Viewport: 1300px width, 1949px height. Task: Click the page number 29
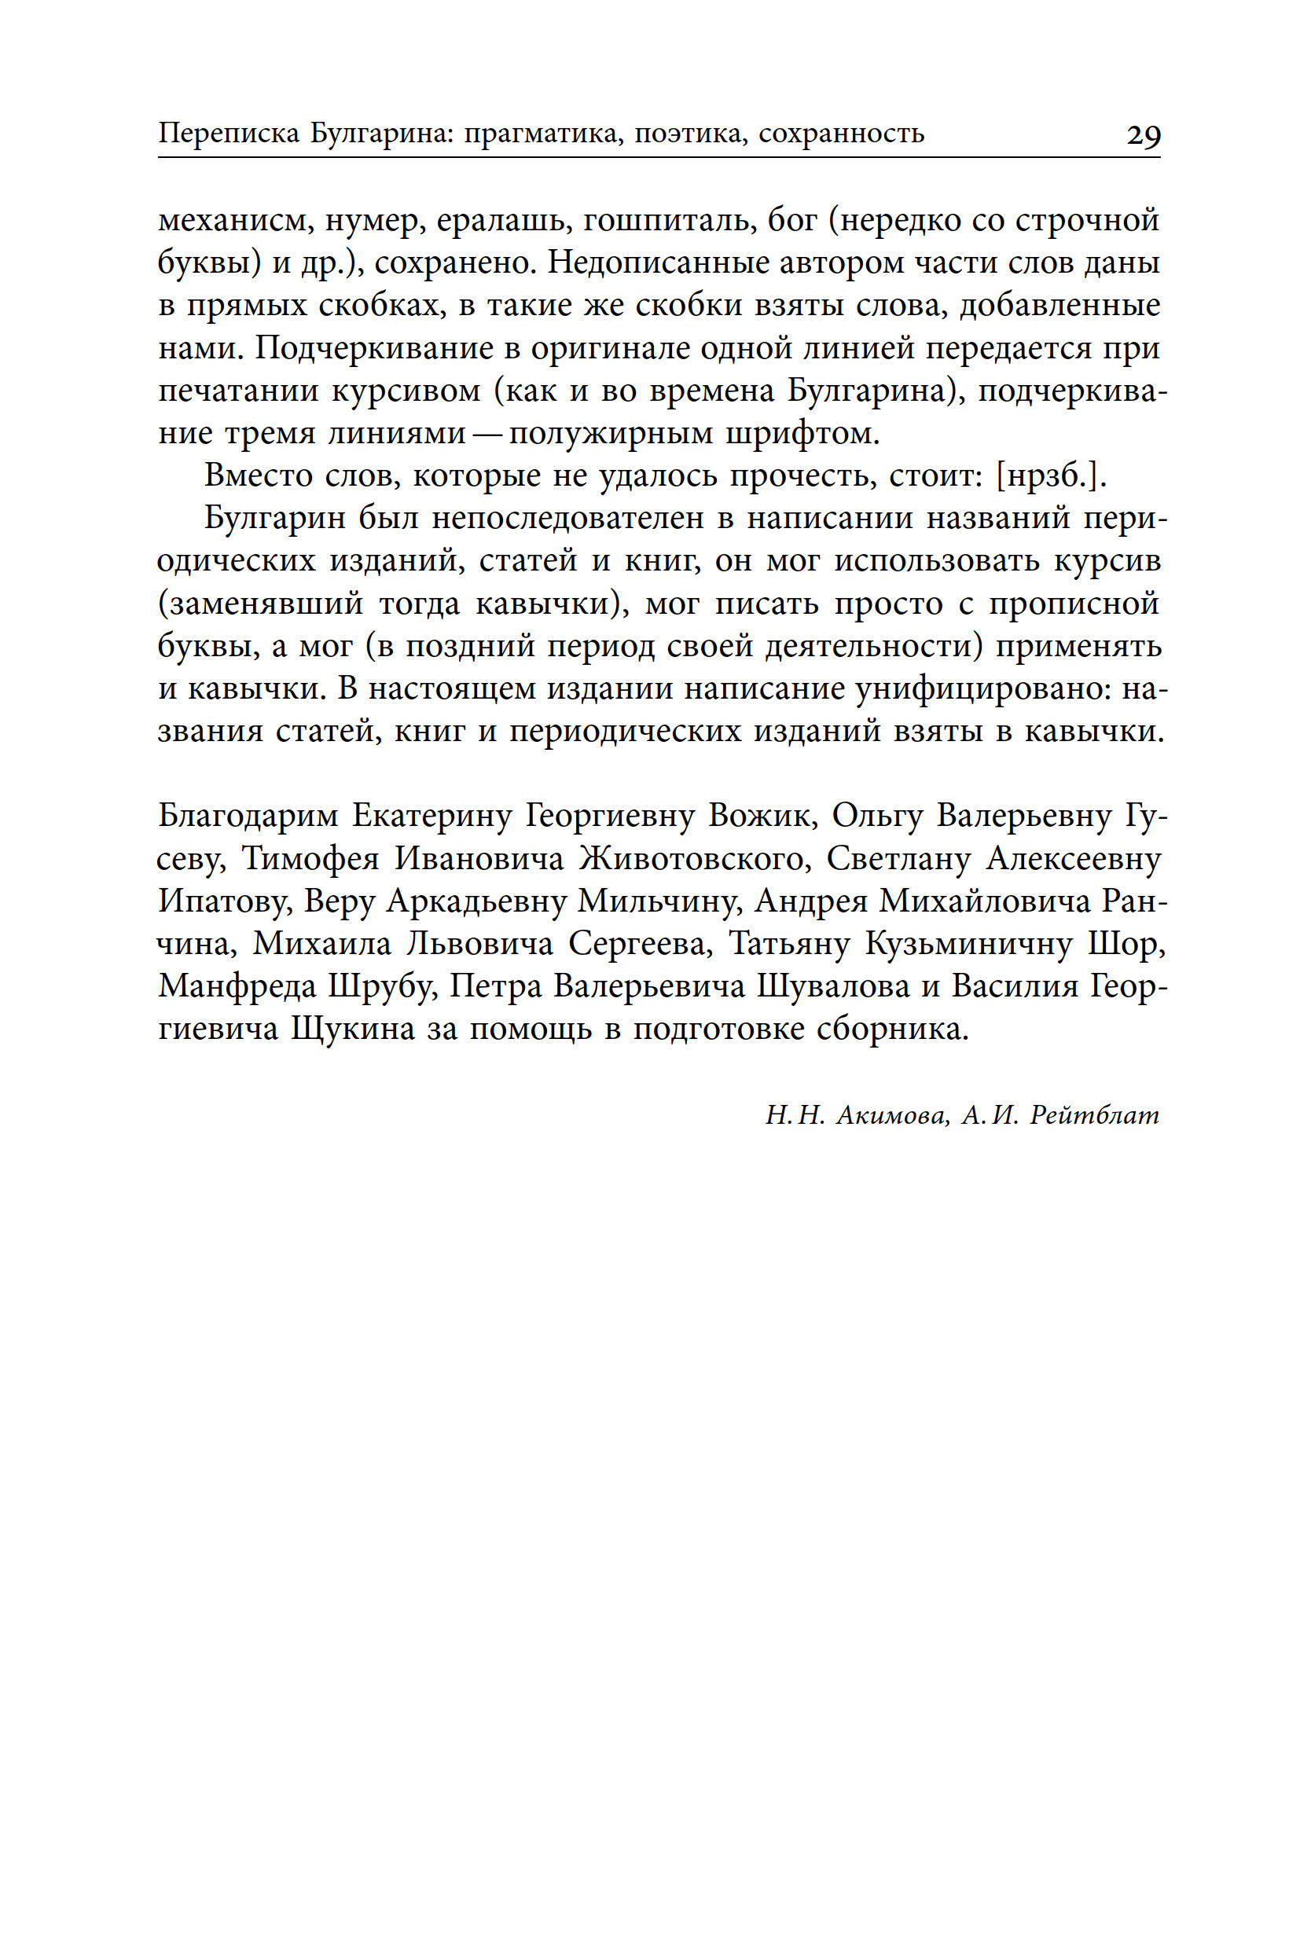pyautogui.click(x=1144, y=134)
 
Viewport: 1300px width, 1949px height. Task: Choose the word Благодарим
pyautogui.click(x=248, y=817)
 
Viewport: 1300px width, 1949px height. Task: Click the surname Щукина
pyautogui.click(x=353, y=1029)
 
